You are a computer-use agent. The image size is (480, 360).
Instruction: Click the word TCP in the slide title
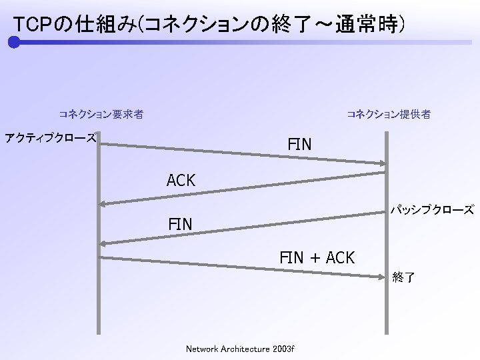pos(31,25)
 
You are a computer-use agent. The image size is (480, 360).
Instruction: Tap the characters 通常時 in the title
pos(366,25)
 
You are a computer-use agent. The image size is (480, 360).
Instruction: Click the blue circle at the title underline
pos(14,43)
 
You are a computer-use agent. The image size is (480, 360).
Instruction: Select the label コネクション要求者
pos(101,114)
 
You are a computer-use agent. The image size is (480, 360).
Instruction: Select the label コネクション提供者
pos(388,114)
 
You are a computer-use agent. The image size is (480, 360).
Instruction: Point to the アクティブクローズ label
pos(51,138)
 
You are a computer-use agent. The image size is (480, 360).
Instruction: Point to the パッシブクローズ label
pos(432,209)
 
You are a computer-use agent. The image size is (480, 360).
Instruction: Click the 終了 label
pos(403,277)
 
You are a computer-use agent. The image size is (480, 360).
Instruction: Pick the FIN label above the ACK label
pos(299,144)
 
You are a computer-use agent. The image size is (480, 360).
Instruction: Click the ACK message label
pos(181,180)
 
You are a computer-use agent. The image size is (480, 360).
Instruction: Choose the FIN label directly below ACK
pos(180,225)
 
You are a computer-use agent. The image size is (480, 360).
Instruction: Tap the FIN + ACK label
pos(317,257)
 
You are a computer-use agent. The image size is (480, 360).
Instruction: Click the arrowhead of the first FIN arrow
pos(382,163)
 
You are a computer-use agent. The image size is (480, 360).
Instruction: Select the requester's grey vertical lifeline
pos(98,300)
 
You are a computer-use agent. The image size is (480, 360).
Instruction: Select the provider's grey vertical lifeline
pos(387,307)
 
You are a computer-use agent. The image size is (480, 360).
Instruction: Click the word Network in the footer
pos(201,349)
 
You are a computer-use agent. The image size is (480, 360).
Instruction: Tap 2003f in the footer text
pos(284,349)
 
